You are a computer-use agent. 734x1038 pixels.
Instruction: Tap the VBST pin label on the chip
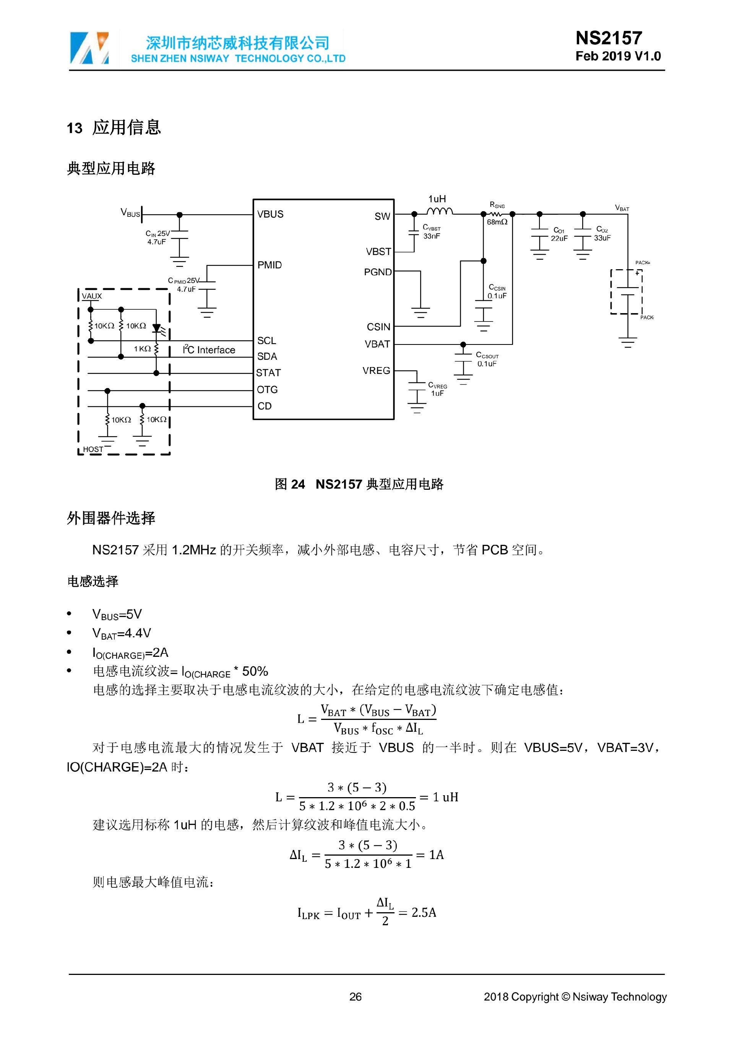click(378, 252)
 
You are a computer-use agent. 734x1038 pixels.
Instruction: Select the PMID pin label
click(270, 265)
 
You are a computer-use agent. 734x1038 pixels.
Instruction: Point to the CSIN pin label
click(378, 327)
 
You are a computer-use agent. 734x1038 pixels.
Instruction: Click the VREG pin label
click(376, 371)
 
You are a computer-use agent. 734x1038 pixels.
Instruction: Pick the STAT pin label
click(268, 373)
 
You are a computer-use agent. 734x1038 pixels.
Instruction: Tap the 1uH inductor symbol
click(439, 211)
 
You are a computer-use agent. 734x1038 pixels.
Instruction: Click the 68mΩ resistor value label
click(497, 222)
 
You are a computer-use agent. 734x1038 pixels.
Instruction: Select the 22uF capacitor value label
click(559, 238)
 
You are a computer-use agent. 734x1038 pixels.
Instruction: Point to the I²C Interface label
click(209, 350)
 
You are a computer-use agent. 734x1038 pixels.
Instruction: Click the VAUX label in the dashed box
click(92, 296)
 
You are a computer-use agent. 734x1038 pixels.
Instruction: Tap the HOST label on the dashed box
click(93, 449)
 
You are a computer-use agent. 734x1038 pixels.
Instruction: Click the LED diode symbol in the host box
click(157, 328)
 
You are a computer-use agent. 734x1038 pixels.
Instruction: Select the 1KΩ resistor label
click(142, 349)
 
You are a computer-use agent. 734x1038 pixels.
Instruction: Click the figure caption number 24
click(297, 484)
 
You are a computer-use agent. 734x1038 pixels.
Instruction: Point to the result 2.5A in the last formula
click(424, 912)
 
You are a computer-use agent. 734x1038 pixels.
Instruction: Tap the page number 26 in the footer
click(355, 996)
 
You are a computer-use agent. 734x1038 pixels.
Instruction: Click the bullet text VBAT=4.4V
click(122, 633)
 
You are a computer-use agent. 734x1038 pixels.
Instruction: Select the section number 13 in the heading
click(75, 128)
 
